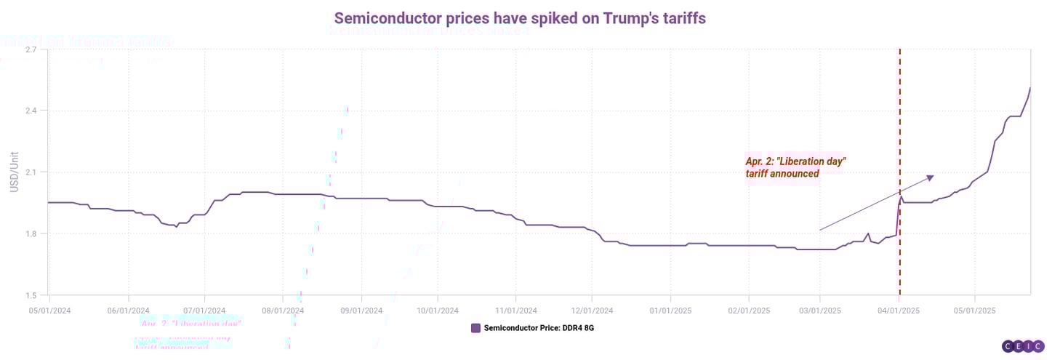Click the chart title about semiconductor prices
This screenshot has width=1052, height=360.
(x=519, y=18)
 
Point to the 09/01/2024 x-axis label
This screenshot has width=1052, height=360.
(x=361, y=311)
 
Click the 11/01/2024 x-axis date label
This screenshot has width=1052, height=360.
(x=515, y=311)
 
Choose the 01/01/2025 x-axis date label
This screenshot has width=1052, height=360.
(x=670, y=311)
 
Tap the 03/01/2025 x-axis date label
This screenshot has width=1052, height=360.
(x=820, y=311)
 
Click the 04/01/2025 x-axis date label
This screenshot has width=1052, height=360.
(x=899, y=311)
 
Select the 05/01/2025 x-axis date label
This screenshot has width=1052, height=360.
(x=975, y=311)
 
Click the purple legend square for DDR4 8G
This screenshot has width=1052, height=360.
(x=476, y=328)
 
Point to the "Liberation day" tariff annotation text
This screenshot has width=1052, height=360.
(x=796, y=167)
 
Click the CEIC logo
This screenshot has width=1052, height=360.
(x=1023, y=347)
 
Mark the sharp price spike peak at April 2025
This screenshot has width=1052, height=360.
(x=902, y=196)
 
